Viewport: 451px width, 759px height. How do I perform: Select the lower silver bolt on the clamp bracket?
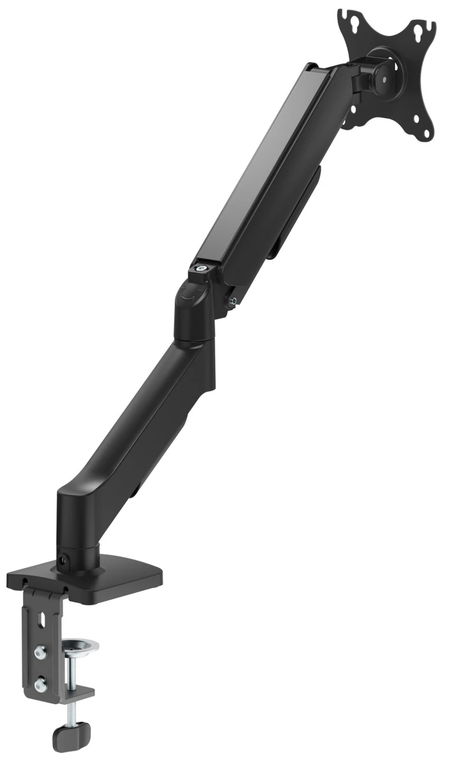pyautogui.click(x=42, y=684)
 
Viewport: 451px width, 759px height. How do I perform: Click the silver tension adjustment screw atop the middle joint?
pyautogui.click(x=200, y=269)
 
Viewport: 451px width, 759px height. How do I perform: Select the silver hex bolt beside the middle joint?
pyautogui.click(x=233, y=302)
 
